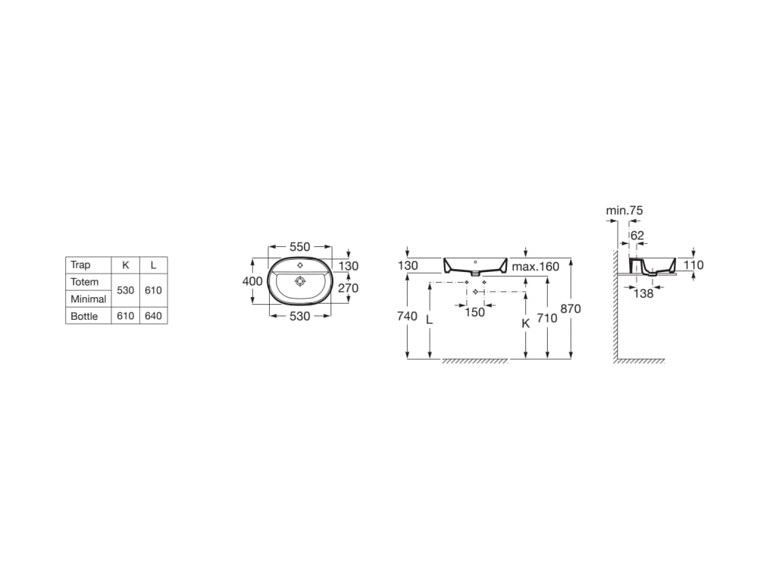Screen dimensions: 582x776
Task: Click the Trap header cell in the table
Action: pos(80,265)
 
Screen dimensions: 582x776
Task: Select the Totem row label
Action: pos(85,282)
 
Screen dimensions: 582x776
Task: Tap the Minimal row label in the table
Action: pos(89,299)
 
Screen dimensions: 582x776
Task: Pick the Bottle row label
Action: pos(84,316)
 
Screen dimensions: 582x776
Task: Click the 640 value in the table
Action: pos(153,316)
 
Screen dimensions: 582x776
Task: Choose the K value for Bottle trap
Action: pos(125,316)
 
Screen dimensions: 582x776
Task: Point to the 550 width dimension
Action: pos(300,247)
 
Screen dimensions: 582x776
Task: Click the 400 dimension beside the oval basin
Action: pos(252,281)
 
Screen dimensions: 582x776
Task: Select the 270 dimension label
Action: pos(348,289)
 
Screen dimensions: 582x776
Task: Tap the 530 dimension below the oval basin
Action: pos(300,316)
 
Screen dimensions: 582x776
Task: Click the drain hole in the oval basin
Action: pos(300,280)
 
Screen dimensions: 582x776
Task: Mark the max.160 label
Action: pos(535,267)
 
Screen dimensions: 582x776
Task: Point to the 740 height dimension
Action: pos(407,316)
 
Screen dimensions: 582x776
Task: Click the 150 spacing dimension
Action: pos(474,312)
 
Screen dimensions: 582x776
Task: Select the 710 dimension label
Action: pos(546,318)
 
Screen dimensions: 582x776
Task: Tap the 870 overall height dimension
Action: pos(571,308)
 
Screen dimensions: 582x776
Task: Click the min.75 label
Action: pos(624,210)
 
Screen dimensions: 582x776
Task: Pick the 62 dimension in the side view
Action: pos(637,236)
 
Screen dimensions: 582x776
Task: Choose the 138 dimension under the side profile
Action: pos(643,293)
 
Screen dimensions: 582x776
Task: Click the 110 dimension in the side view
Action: pos(693,265)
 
